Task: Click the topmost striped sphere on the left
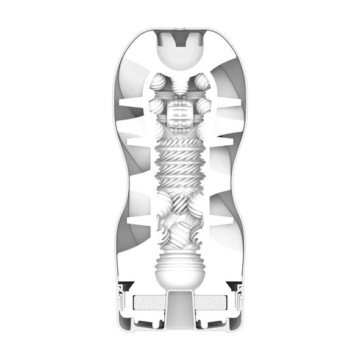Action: [x=160, y=86]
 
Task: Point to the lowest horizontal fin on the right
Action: [x=220, y=218]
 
